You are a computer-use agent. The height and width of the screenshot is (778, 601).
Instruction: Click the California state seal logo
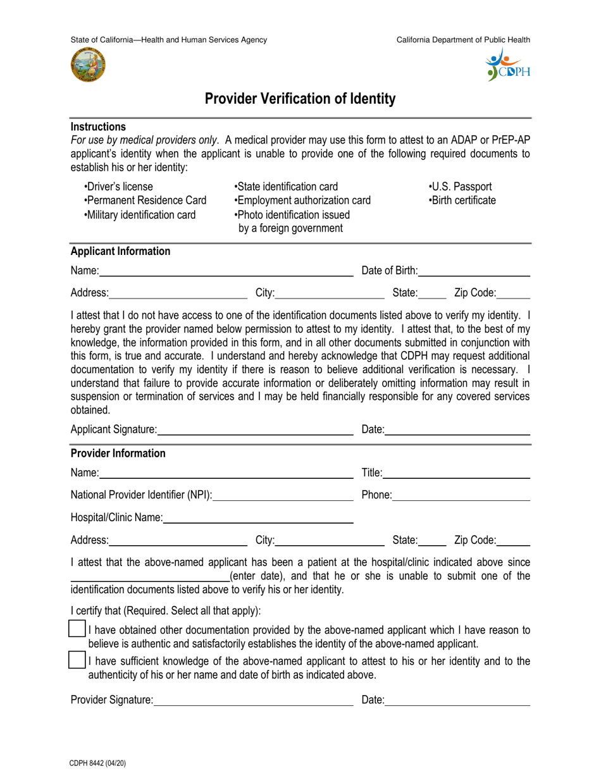[89, 65]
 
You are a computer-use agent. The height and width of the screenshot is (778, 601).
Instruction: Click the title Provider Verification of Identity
[300, 99]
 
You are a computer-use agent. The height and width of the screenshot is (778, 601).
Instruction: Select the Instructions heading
[98, 127]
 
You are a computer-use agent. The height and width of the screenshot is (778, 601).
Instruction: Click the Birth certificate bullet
[462, 201]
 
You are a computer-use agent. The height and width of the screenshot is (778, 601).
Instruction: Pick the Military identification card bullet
[139, 214]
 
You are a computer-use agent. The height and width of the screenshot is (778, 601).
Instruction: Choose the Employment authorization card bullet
[302, 201]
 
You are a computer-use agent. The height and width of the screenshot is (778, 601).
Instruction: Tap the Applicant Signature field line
[256, 431]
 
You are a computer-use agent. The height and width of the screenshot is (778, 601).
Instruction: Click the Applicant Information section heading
[120, 251]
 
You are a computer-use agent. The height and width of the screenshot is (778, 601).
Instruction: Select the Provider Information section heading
[118, 453]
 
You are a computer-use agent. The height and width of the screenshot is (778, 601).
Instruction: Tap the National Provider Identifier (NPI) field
[283, 495]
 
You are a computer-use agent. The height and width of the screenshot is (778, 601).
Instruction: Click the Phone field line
[461, 495]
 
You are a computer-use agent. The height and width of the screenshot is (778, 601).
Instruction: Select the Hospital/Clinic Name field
[258, 518]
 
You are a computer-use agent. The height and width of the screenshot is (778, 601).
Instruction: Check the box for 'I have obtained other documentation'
[77, 629]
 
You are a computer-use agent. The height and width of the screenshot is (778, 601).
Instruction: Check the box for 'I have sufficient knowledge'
[77, 660]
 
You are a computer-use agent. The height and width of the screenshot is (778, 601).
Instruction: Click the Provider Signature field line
[253, 700]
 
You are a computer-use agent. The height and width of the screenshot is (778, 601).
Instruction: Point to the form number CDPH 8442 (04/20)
[98, 763]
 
